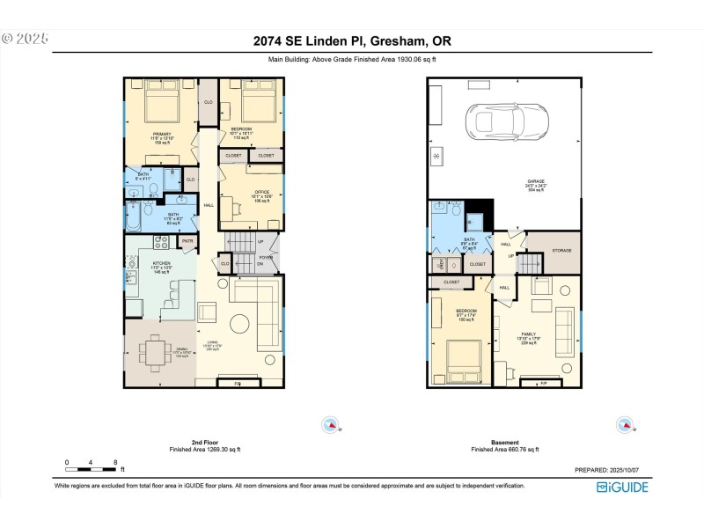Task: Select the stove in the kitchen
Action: [x=162, y=243]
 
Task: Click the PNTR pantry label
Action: [x=187, y=240]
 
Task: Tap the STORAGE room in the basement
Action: [x=561, y=250]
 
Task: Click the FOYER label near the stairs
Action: [x=265, y=258]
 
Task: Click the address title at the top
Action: [x=352, y=41]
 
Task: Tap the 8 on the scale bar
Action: [x=115, y=462]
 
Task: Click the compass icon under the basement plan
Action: [x=625, y=425]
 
